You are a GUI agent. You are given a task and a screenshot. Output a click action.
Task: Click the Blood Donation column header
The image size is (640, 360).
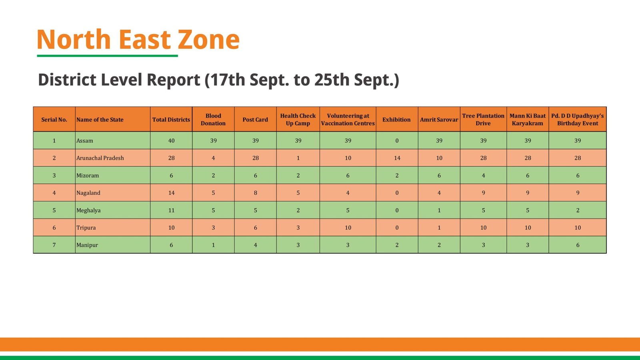pyautogui.click(x=213, y=120)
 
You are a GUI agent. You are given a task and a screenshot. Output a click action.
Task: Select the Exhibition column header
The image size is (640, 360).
pyautogui.click(x=396, y=120)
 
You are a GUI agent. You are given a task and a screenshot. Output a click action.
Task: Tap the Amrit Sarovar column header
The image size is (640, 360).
pyautogui.click(x=439, y=120)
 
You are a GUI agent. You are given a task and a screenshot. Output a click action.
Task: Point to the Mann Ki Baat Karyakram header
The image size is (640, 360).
pyautogui.click(x=527, y=120)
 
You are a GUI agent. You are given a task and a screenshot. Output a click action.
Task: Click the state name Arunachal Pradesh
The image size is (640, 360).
pyautogui.click(x=100, y=158)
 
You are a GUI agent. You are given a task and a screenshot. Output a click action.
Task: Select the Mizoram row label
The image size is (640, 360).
pyautogui.click(x=88, y=176)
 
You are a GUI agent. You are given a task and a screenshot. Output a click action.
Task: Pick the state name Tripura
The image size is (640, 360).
pyautogui.click(x=86, y=228)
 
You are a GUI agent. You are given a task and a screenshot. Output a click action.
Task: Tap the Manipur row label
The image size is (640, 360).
pyautogui.click(x=87, y=245)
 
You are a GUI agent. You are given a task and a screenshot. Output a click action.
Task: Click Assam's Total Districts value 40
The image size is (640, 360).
pyautogui.click(x=171, y=141)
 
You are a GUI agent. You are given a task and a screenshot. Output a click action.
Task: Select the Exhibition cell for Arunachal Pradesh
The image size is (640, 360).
pyautogui.click(x=397, y=158)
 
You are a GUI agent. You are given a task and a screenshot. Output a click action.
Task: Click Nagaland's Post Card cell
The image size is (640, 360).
pyautogui.click(x=255, y=193)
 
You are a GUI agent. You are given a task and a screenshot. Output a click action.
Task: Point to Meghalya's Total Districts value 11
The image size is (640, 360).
pyautogui.click(x=171, y=210)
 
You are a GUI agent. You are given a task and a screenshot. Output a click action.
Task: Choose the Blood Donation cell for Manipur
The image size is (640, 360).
pyautogui.click(x=213, y=245)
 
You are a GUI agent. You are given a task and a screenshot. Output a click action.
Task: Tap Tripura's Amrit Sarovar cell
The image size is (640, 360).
pyautogui.click(x=439, y=228)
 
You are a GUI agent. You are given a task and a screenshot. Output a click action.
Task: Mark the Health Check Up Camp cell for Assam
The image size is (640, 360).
pyautogui.click(x=298, y=141)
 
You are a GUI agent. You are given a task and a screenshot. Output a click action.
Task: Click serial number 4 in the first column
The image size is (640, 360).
pyautogui.click(x=54, y=193)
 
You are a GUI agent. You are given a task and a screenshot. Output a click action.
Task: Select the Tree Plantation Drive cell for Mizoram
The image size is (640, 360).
pyautogui.click(x=483, y=176)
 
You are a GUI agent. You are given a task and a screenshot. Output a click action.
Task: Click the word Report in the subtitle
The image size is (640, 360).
pyautogui.click(x=173, y=80)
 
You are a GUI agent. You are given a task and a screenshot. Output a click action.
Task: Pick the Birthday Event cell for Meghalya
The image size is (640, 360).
pyautogui.click(x=577, y=210)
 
